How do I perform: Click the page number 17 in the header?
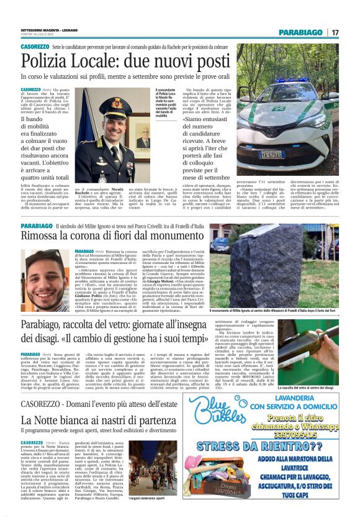(x=335, y=32)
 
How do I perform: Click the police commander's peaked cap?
(x=116, y=102)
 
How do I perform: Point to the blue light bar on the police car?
(x=292, y=80)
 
